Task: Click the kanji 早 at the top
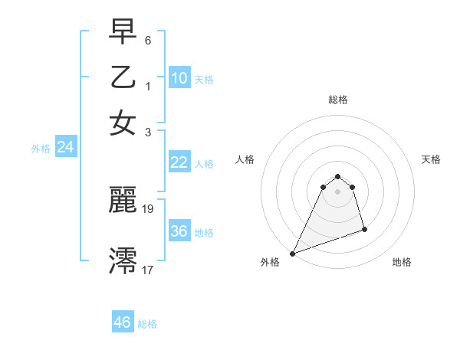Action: [123, 31]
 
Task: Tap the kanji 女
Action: [123, 123]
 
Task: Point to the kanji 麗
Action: [123, 200]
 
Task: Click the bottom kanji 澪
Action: [123, 261]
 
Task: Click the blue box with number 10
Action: [179, 78]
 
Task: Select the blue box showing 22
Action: [179, 162]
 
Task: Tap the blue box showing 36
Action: [179, 231]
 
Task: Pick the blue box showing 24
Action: [65, 148]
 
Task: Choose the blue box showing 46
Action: [123, 322]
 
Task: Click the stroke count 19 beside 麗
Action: [149, 208]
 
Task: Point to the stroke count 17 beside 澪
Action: [148, 269]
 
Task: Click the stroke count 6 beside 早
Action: [149, 40]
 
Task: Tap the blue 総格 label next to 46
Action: [147, 324]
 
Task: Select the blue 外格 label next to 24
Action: [41, 149]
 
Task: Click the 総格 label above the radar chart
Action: [337, 100]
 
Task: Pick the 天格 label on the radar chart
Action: [432, 159]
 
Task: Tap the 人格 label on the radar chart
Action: [245, 159]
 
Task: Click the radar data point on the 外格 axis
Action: [293, 254]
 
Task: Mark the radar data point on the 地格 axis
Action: [364, 229]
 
